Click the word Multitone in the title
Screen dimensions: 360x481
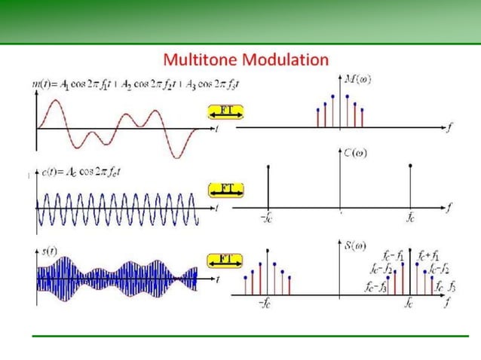point(200,59)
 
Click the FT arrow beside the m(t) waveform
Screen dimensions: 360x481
point(225,112)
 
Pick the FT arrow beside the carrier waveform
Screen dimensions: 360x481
point(225,188)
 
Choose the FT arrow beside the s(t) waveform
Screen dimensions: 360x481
point(225,261)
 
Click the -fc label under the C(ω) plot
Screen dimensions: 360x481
point(266,217)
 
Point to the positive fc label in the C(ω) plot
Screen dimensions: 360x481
point(410,217)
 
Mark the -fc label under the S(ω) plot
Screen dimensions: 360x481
point(266,304)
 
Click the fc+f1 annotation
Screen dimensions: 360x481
point(430,255)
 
